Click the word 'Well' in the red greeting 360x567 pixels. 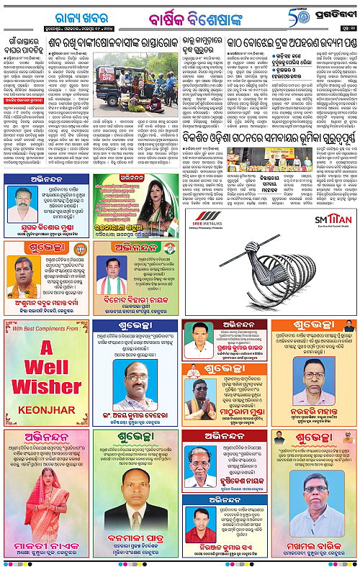tap(46, 398)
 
